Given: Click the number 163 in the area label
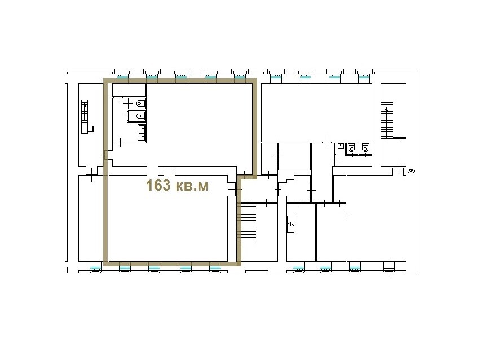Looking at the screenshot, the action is [x=158, y=186].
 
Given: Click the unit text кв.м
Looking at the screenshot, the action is [x=192, y=186].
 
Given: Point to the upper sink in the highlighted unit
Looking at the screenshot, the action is [x=142, y=128].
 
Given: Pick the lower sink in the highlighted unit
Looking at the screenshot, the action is [x=142, y=136].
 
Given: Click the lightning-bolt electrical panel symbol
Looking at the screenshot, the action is [x=291, y=225].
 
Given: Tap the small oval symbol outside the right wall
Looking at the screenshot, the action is [x=411, y=172].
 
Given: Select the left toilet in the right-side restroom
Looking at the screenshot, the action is [x=351, y=148].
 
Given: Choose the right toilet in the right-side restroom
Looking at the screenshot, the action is [x=364, y=148].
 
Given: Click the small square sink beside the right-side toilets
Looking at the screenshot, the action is [x=341, y=146].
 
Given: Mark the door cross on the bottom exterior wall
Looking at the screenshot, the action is [x=389, y=268].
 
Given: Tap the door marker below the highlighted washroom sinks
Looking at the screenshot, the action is [x=121, y=142].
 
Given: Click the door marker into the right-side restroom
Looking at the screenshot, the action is [x=336, y=159].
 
